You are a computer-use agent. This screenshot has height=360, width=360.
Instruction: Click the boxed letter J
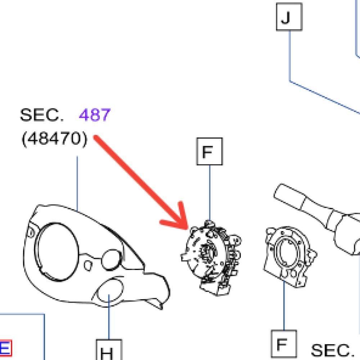coord(289,17)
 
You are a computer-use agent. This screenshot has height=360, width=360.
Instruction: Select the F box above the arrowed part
coord(210,152)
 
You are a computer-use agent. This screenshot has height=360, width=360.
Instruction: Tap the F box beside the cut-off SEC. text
coord(284,344)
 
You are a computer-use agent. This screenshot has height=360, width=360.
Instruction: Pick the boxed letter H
coord(109,350)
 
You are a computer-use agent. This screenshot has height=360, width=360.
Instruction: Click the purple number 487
coord(95,115)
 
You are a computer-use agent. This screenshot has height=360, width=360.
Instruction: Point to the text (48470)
coord(54,139)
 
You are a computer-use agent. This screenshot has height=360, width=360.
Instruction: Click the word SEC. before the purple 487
coord(42,115)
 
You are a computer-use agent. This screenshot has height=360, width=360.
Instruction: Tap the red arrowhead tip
coord(188,229)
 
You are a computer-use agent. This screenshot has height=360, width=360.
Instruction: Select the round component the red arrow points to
coord(211,257)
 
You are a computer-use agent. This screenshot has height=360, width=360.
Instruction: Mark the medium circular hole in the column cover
coord(111,260)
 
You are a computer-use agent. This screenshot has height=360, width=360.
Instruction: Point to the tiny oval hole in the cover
coord(88,265)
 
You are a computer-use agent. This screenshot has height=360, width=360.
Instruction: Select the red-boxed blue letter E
coord(5,348)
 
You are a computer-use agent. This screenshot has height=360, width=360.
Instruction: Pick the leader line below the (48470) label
coord(77,183)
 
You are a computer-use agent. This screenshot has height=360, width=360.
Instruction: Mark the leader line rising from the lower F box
coord(284,305)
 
